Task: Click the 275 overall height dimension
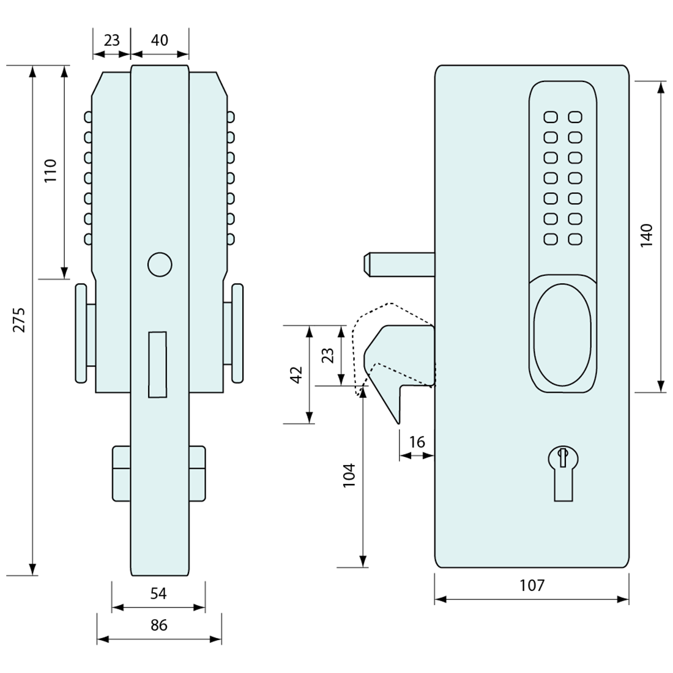pyautogui.click(x=20, y=319)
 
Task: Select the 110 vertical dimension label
pyautogui.click(x=50, y=171)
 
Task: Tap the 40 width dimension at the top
pyautogui.click(x=159, y=40)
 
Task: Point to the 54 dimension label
pyautogui.click(x=158, y=593)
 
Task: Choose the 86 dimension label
pyautogui.click(x=158, y=625)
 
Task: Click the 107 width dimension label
pyautogui.click(x=532, y=586)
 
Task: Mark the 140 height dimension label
pyautogui.click(x=647, y=236)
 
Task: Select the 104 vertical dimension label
pyautogui.click(x=349, y=475)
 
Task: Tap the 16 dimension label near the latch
pyautogui.click(x=417, y=442)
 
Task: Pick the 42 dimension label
pyautogui.click(x=296, y=374)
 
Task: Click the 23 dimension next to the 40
pyautogui.click(x=111, y=40)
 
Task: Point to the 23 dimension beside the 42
pyautogui.click(x=327, y=355)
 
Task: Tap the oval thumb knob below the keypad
pyautogui.click(x=562, y=334)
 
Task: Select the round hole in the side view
pyautogui.click(x=159, y=264)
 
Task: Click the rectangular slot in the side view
pyautogui.click(x=158, y=364)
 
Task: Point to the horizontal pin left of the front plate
pyautogui.click(x=398, y=263)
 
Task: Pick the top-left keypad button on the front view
pyautogui.click(x=550, y=117)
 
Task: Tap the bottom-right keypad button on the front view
pyautogui.click(x=574, y=239)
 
